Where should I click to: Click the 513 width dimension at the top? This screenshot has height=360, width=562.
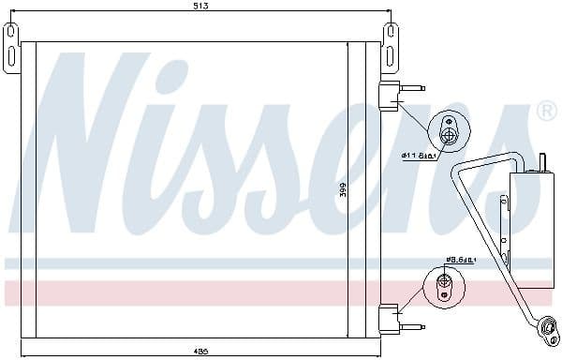click(x=201, y=7)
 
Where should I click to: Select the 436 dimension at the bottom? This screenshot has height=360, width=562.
click(x=200, y=352)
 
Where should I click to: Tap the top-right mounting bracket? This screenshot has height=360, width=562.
click(x=391, y=47)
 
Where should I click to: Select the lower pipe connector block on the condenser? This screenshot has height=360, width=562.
click(x=389, y=316)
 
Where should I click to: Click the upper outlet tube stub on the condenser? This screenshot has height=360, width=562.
click(x=412, y=90)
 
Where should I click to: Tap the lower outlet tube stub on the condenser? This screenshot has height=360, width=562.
click(x=412, y=326)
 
